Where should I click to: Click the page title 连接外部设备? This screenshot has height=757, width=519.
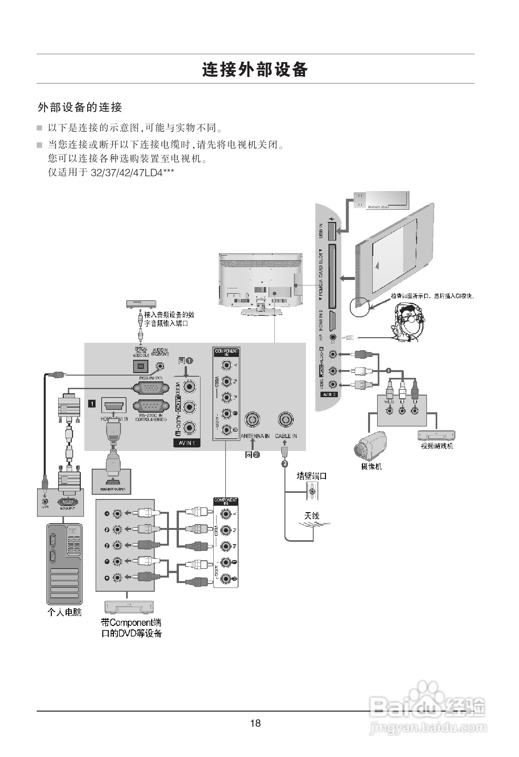(255, 69)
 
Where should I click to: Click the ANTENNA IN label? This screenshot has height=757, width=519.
(255, 436)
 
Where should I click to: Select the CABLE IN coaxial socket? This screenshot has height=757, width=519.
(286, 419)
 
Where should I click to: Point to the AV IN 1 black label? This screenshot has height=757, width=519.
(187, 443)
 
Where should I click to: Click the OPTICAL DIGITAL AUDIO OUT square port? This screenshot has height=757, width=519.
(141, 366)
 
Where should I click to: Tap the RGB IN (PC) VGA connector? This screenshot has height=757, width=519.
(151, 388)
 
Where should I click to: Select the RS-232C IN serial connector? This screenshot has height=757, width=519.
(151, 406)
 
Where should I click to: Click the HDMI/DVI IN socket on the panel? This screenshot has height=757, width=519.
(114, 406)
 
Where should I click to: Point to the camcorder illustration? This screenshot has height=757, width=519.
(370, 446)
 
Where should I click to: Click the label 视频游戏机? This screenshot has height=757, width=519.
(437, 446)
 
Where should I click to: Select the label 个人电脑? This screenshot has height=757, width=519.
(64, 612)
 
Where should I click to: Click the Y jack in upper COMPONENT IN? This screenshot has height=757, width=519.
(227, 365)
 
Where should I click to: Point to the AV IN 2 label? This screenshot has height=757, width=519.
(329, 395)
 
